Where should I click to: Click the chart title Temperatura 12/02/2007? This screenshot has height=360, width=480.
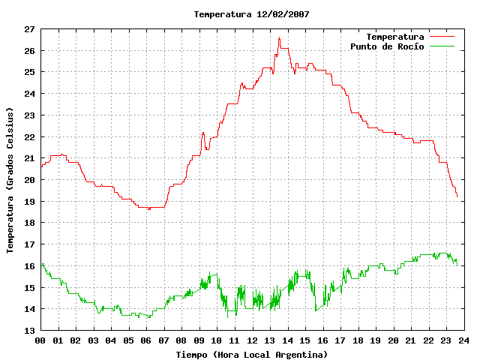click(x=252, y=14)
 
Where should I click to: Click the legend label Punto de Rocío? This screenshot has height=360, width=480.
click(x=387, y=46)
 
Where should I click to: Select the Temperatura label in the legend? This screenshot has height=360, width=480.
click(x=395, y=37)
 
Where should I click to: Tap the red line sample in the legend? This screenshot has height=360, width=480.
click(x=442, y=37)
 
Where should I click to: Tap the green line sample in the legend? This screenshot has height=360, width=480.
click(x=442, y=46)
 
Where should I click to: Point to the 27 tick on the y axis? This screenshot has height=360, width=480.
click(x=30, y=29)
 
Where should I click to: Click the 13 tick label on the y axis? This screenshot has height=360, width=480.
click(x=30, y=331)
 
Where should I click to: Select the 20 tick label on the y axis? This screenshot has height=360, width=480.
click(x=30, y=180)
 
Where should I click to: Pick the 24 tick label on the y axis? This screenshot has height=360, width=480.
click(x=30, y=94)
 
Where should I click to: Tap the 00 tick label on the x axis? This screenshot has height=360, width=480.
click(x=40, y=340)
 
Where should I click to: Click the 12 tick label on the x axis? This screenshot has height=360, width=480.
click(x=252, y=340)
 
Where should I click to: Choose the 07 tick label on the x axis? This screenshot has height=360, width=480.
click(x=163, y=340)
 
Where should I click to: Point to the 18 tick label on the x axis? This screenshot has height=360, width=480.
click(x=358, y=340)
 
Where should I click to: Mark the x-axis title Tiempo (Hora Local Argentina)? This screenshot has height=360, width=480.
click(x=252, y=355)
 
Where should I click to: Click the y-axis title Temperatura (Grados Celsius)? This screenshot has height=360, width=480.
click(x=10, y=180)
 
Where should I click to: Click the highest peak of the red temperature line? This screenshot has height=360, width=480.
click(x=279, y=37)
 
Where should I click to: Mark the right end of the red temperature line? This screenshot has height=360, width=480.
click(x=457, y=196)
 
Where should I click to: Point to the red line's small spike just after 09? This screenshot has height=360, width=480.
click(x=203, y=133)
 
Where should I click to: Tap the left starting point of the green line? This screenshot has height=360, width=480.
click(x=42, y=265)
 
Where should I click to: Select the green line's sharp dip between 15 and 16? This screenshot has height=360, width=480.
click(x=316, y=310)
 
